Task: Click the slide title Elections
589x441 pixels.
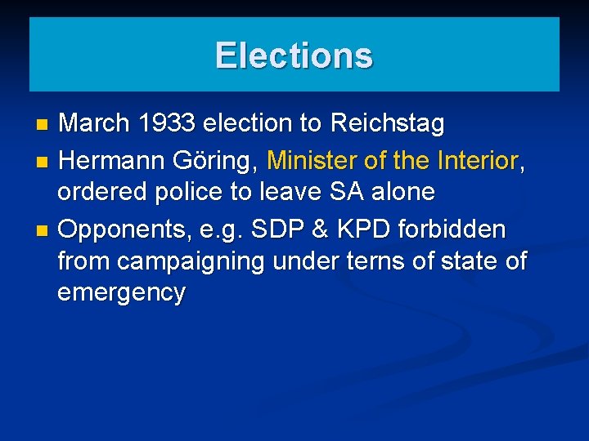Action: pyautogui.click(x=294, y=56)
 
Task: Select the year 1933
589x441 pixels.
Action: pyautogui.click(x=167, y=124)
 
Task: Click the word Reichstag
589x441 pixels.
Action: pyautogui.click(x=387, y=124)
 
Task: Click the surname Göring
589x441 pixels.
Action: pyautogui.click(x=215, y=161)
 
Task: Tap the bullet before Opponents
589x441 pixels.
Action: pyautogui.click(x=43, y=230)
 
